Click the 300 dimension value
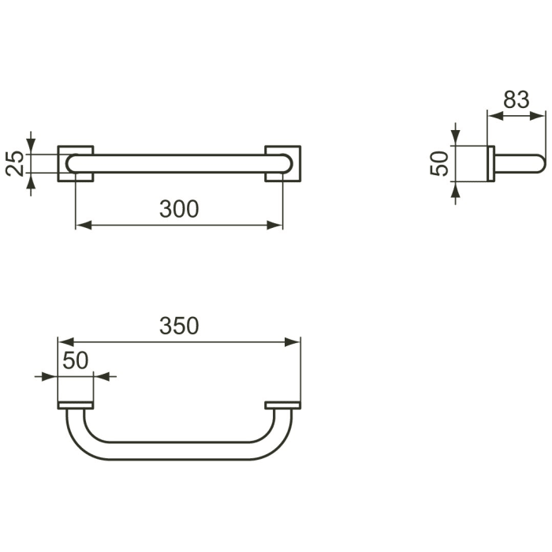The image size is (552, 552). [179, 209]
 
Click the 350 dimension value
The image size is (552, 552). [179, 326]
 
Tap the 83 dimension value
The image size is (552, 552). [516, 100]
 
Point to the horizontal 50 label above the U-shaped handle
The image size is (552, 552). [75, 360]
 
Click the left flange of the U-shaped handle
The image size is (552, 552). [76, 406]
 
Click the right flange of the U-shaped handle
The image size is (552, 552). [282, 406]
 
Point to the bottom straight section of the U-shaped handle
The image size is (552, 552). [179, 451]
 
